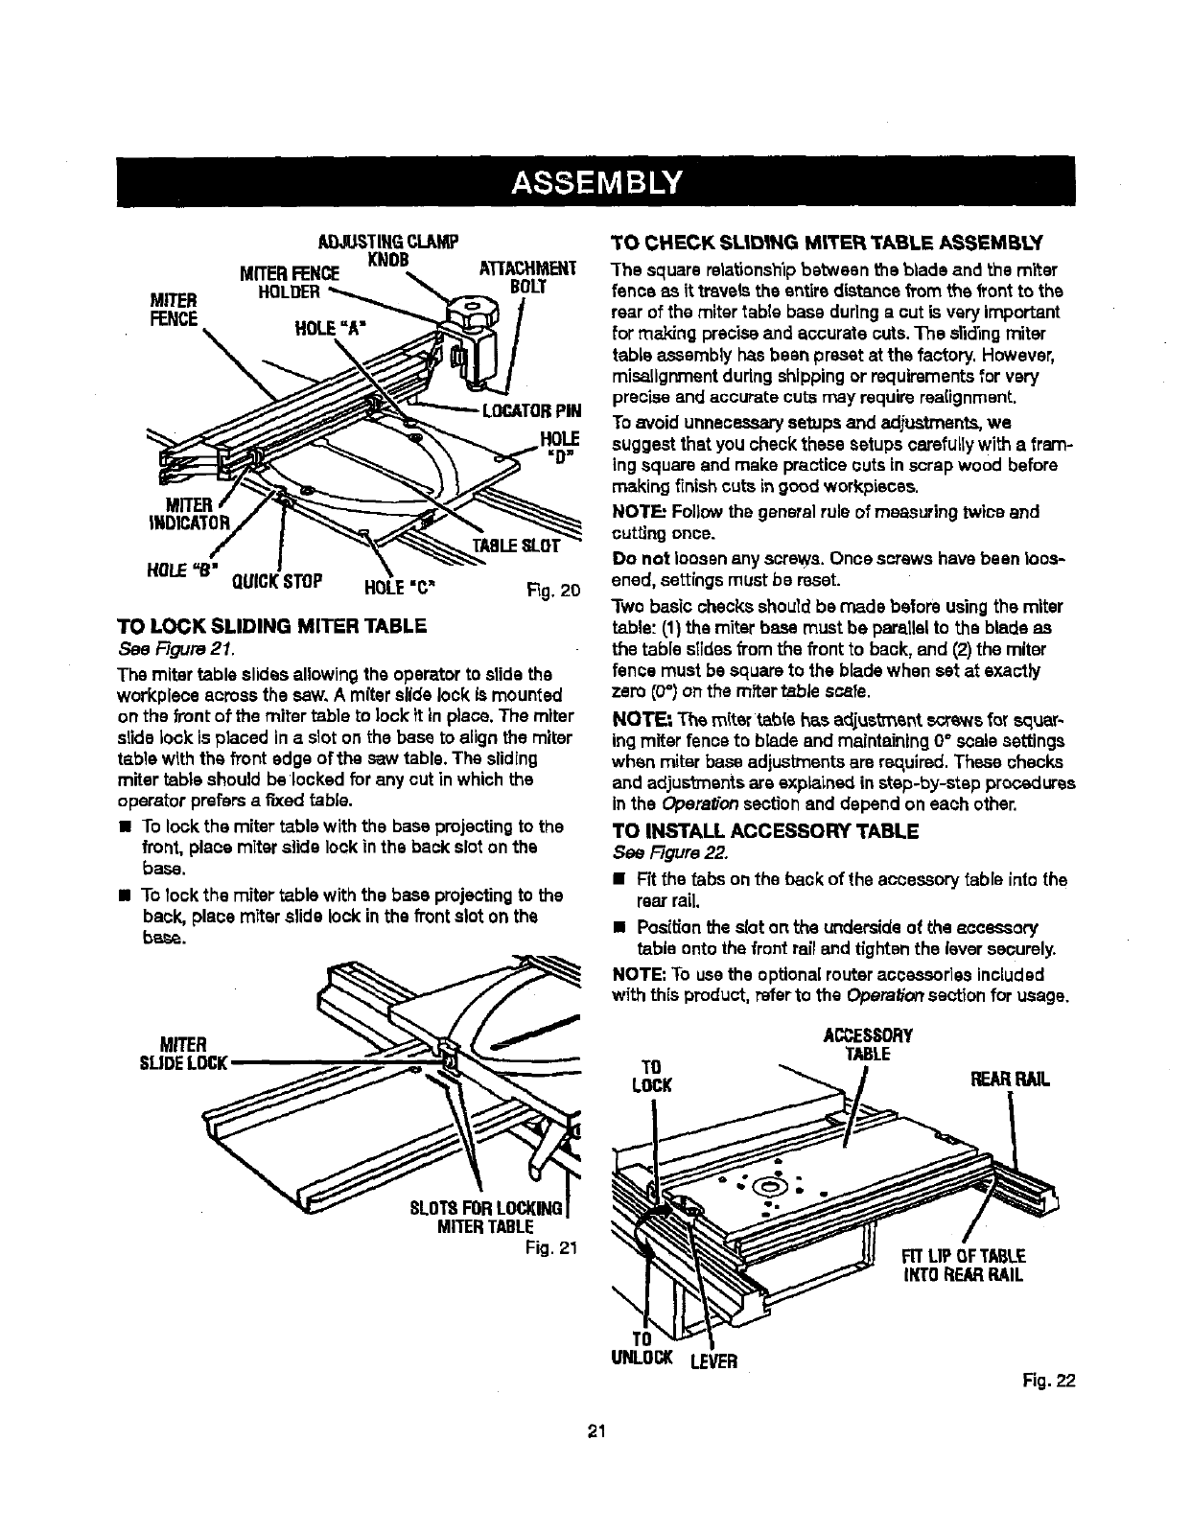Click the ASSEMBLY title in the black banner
(x=596, y=181)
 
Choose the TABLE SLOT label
(x=518, y=546)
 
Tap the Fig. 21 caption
(x=548, y=1248)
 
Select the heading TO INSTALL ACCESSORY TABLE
(x=765, y=830)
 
